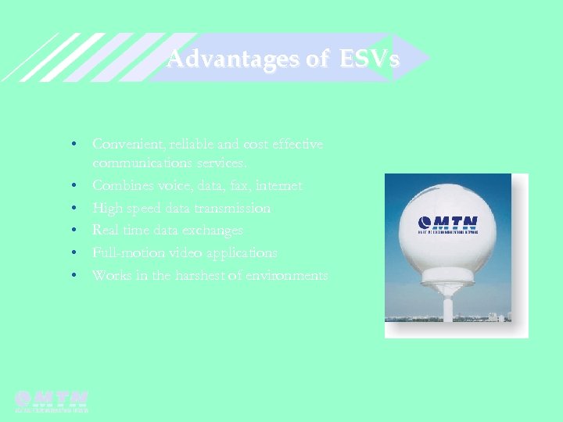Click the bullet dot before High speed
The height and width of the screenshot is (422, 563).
pos(72,209)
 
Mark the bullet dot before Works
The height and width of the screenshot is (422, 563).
pos(72,276)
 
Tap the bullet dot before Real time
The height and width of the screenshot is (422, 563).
pos(72,231)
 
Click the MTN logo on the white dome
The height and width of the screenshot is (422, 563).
pos(449,224)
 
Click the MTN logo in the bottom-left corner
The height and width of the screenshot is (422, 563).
pos(52,400)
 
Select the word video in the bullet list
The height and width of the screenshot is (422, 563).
pos(203,253)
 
